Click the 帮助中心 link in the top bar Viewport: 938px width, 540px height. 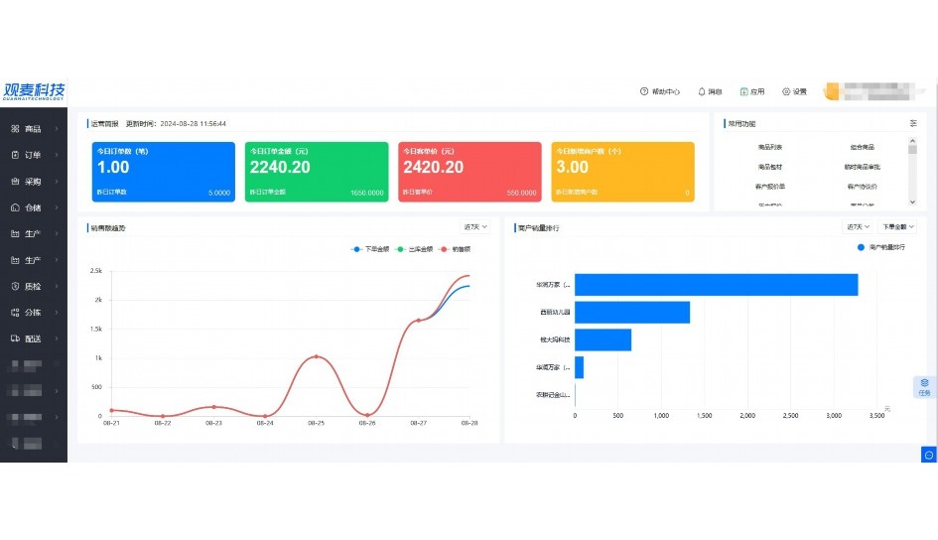click(660, 92)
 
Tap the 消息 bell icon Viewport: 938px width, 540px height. click(702, 92)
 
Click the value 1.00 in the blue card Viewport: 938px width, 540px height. click(113, 168)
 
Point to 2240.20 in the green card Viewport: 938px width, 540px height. click(280, 168)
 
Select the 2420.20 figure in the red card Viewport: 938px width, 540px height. click(433, 168)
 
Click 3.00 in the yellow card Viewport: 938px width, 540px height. click(572, 168)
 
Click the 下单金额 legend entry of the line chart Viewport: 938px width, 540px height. click(372, 249)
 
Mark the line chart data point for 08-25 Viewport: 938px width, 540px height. click(316, 356)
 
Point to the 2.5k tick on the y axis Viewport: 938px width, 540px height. click(96, 271)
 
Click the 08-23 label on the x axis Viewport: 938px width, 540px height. click(213, 423)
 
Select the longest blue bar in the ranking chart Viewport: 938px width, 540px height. click(716, 285)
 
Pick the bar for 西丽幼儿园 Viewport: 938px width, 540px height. click(632, 313)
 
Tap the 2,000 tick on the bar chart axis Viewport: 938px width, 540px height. click(747, 415)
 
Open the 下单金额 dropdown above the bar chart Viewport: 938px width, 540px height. click(895, 227)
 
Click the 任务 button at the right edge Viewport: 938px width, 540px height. click(924, 386)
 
